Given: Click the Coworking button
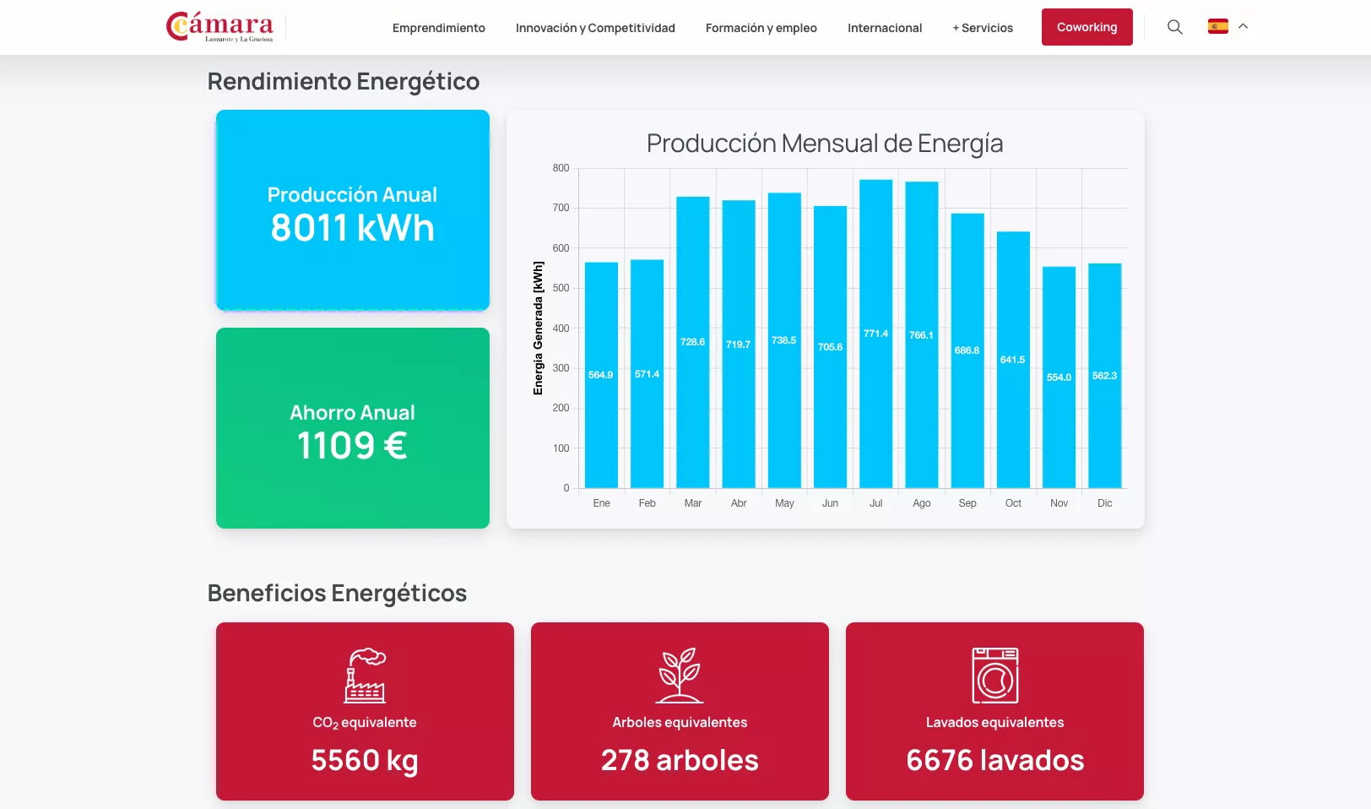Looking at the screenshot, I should click(x=1087, y=27).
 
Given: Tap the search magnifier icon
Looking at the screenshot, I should click(x=1174, y=27).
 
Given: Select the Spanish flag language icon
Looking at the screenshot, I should click(x=1217, y=26).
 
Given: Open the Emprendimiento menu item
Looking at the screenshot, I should click(x=439, y=28).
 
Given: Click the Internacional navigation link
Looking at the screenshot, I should click(x=885, y=28).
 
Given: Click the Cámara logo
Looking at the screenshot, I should click(x=220, y=27).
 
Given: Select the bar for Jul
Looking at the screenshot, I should click(x=875, y=380).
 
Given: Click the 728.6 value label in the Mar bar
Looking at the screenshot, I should click(x=692, y=342).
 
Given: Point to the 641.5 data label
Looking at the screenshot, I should click(x=1012, y=360).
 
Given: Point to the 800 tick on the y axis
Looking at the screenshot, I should click(x=561, y=168).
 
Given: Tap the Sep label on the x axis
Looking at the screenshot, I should click(x=967, y=503).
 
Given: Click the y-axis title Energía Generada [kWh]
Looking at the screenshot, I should click(x=538, y=328).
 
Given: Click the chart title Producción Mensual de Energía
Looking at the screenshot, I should click(x=825, y=144).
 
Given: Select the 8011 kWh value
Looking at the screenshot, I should click(x=352, y=228).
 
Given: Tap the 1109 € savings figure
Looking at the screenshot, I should click(x=352, y=446).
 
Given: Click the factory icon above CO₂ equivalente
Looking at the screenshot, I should click(x=365, y=676).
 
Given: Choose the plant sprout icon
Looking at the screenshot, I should click(x=680, y=676).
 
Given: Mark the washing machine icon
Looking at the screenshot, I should click(x=994, y=676).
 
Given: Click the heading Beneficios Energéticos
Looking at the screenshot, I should click(x=337, y=593).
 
